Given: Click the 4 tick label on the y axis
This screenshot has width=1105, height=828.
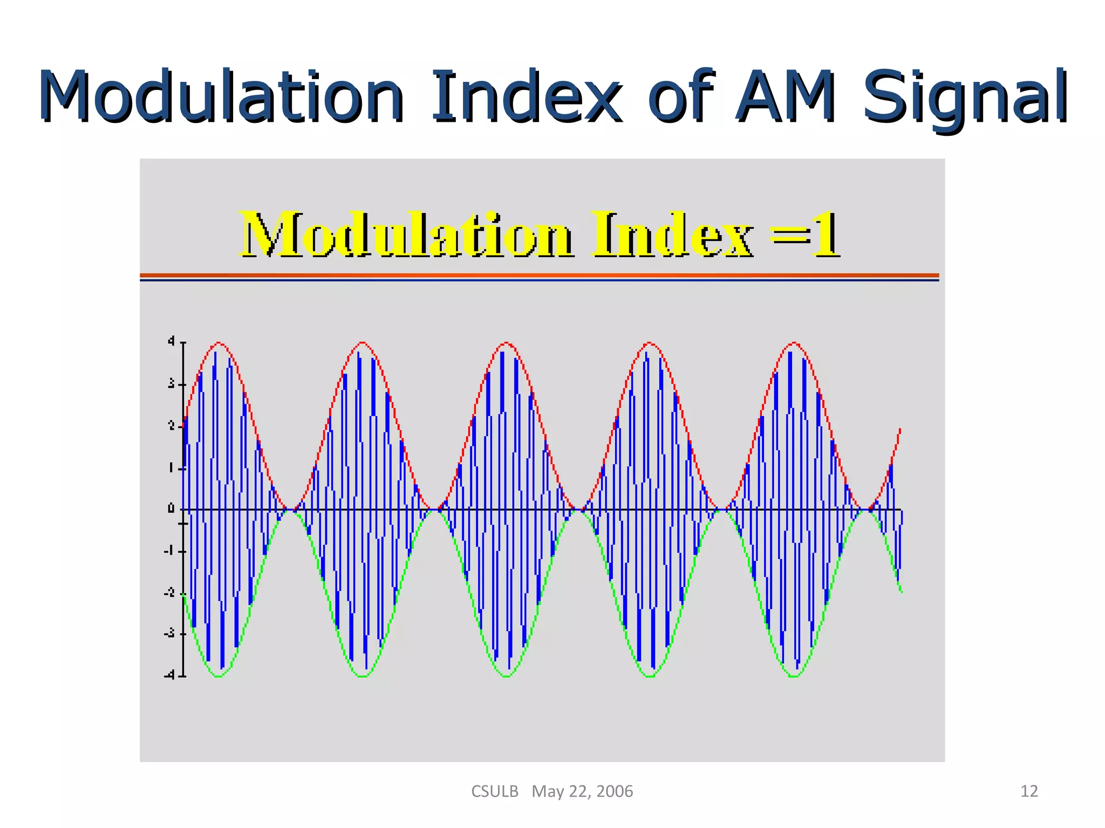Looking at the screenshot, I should (171, 341).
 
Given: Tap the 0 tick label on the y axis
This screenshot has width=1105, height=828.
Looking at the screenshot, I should (171, 508).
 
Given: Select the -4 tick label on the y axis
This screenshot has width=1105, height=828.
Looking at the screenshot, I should (169, 675).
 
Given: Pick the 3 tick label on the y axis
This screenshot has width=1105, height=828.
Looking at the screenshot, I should (171, 384).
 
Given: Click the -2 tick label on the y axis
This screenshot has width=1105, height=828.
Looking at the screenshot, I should (169, 592).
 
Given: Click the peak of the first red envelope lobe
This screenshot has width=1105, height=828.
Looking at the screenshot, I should (219, 343).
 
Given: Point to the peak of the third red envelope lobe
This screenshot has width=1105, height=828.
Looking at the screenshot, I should (506, 343).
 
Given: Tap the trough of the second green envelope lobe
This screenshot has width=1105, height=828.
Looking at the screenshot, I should (363, 676).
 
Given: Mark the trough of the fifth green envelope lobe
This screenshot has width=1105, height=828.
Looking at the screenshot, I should (794, 676).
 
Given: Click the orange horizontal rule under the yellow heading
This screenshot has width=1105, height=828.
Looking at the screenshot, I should (540, 275).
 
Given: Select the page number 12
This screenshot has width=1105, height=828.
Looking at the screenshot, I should (1029, 791).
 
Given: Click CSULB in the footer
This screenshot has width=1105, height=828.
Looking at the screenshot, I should (494, 791).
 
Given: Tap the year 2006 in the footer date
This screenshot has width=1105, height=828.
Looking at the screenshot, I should (615, 791).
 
